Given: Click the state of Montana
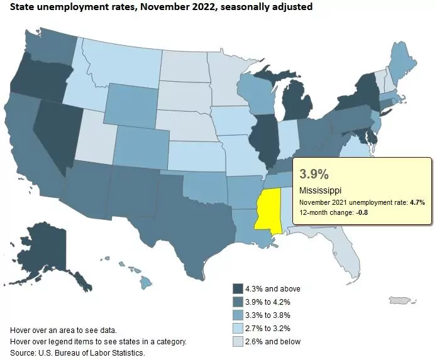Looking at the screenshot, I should [x=119, y=62].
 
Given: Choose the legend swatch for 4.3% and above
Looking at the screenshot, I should [x=238, y=289].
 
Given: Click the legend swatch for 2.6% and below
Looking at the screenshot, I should [x=238, y=342].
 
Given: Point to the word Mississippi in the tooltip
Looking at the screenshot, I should [x=321, y=190].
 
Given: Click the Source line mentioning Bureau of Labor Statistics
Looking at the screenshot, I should [x=78, y=352].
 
